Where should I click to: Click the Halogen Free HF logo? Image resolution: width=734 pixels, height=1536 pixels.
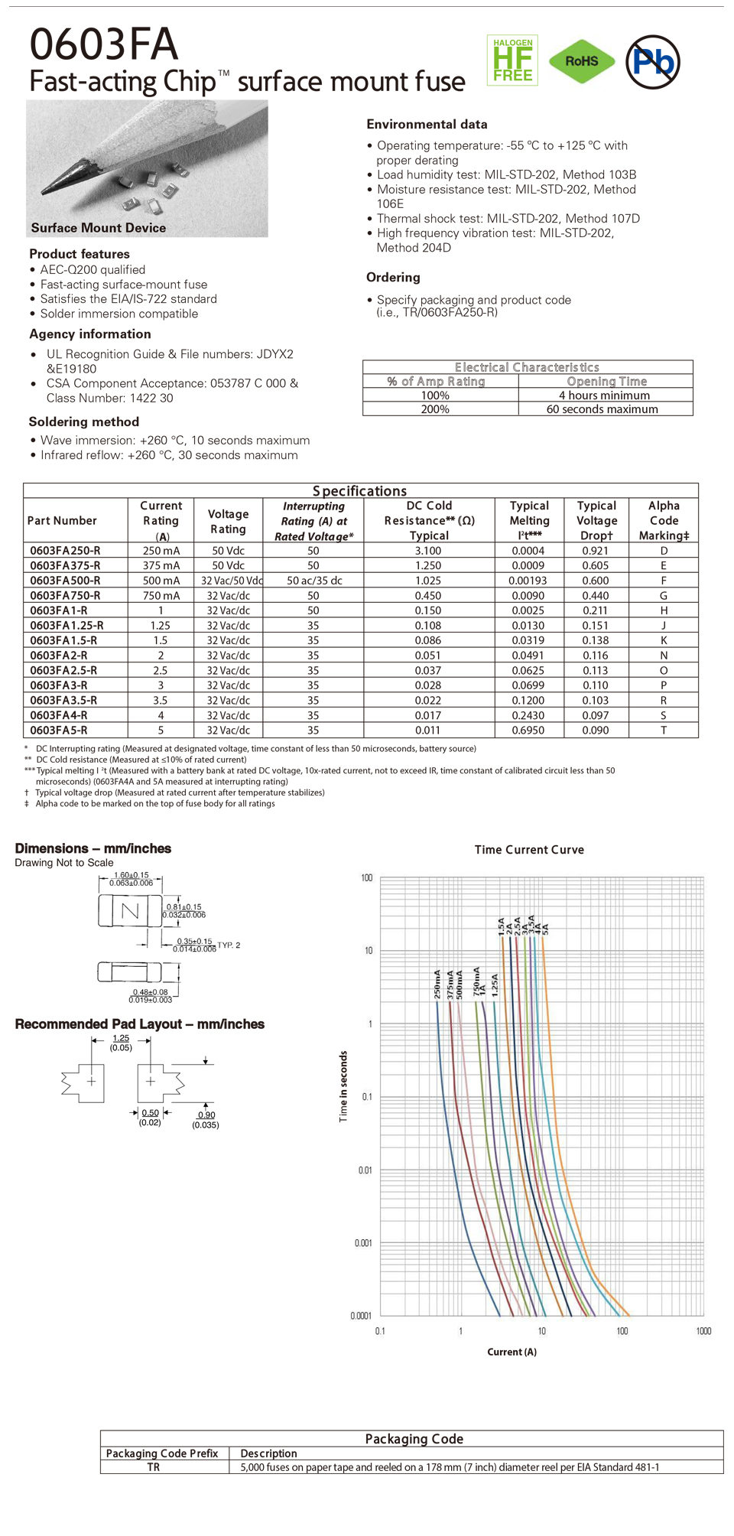(512, 60)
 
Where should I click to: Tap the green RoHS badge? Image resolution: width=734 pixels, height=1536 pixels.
(582, 61)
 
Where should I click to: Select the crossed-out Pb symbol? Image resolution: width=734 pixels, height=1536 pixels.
(652, 61)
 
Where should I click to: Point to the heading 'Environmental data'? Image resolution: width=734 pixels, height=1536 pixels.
(427, 124)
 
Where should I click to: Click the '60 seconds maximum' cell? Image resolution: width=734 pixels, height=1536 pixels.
(602, 409)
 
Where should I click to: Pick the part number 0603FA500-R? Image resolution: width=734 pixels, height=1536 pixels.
(65, 581)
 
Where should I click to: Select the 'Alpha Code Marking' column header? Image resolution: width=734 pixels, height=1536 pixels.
(664, 520)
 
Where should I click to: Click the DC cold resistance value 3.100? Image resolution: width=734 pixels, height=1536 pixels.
(428, 551)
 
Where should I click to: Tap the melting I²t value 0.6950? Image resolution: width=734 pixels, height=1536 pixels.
(528, 731)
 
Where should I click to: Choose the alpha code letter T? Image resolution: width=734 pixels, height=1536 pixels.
(664, 731)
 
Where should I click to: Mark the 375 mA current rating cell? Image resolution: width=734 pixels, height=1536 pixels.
(161, 565)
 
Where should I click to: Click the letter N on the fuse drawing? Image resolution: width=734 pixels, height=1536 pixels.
(131, 910)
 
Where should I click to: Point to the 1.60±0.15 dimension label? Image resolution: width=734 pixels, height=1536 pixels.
(132, 875)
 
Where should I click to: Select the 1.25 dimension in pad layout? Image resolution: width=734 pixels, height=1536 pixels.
(121, 1038)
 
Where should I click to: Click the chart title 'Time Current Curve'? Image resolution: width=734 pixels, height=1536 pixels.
(529, 850)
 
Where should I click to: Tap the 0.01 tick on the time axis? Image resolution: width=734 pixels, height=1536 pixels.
(365, 1170)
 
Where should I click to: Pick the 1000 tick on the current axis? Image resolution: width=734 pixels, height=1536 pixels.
(703, 1331)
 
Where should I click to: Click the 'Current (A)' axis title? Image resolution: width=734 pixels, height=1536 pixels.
(512, 1352)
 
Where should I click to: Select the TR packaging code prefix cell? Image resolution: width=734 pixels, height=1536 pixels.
(154, 1467)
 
